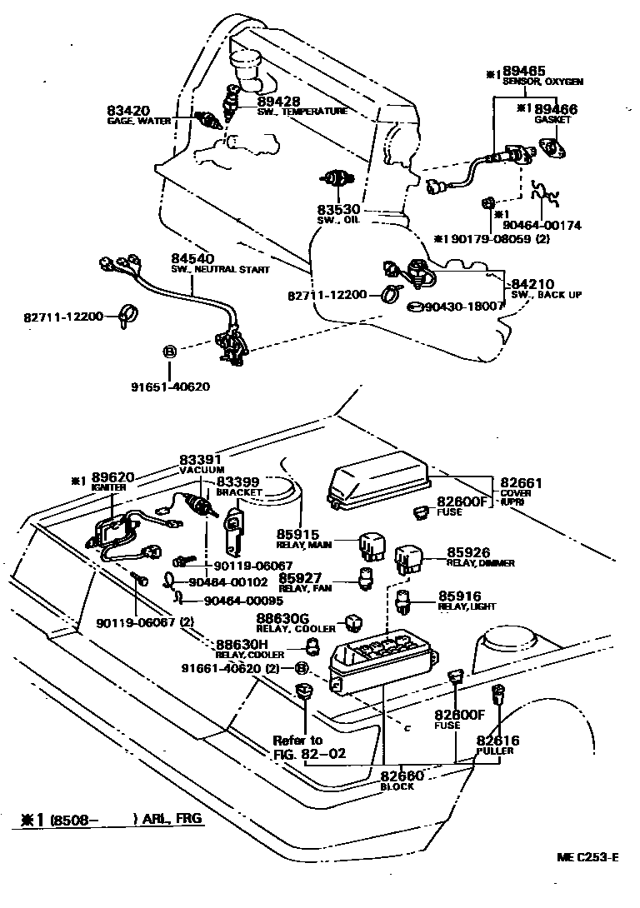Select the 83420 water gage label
(129, 110)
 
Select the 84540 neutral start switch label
(192, 259)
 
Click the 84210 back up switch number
(532, 284)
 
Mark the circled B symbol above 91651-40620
(169, 352)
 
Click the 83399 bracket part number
(238, 481)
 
